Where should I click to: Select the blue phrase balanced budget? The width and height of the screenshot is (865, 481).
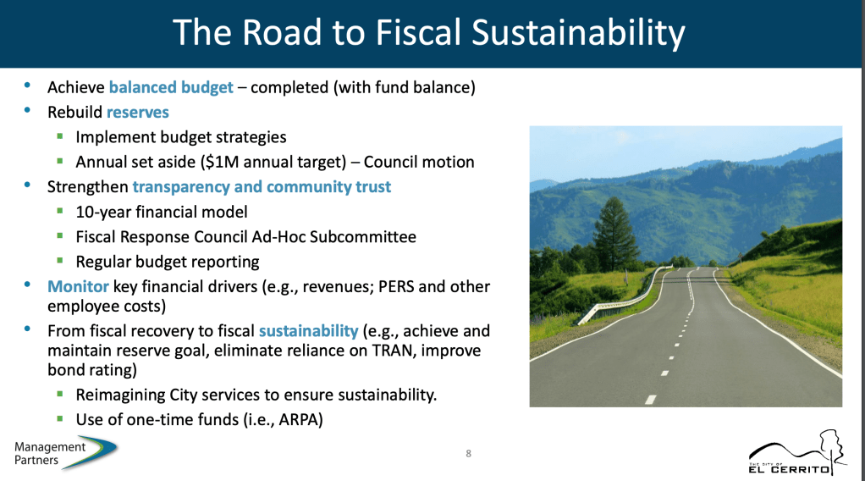[x=171, y=88]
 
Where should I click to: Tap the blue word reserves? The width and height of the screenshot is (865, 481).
[x=138, y=112]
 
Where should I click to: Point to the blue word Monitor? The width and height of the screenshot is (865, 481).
[x=78, y=286]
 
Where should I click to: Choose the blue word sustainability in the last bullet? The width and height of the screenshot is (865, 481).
[x=308, y=331]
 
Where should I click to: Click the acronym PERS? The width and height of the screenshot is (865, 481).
[x=396, y=286]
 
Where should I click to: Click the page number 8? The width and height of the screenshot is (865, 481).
[x=468, y=453]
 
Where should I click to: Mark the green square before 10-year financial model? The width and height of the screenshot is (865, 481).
[x=60, y=210]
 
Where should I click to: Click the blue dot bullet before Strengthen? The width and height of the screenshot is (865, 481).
[x=27, y=185]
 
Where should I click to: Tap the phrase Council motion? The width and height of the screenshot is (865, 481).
[x=419, y=162]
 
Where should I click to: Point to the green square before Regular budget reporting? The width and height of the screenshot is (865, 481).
[x=60, y=260]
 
